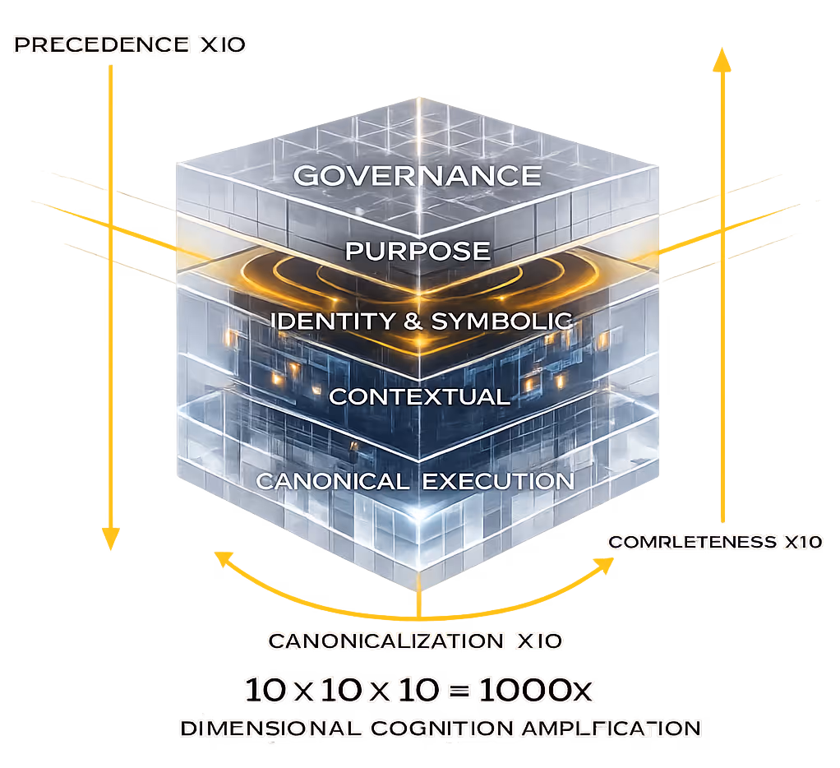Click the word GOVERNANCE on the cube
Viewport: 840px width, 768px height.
418,175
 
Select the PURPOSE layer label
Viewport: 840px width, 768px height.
418,251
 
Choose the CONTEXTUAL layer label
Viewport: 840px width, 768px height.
419,396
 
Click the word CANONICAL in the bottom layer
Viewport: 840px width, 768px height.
332,481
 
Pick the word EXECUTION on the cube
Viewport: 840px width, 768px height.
498,481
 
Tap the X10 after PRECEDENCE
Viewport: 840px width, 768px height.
223,45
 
